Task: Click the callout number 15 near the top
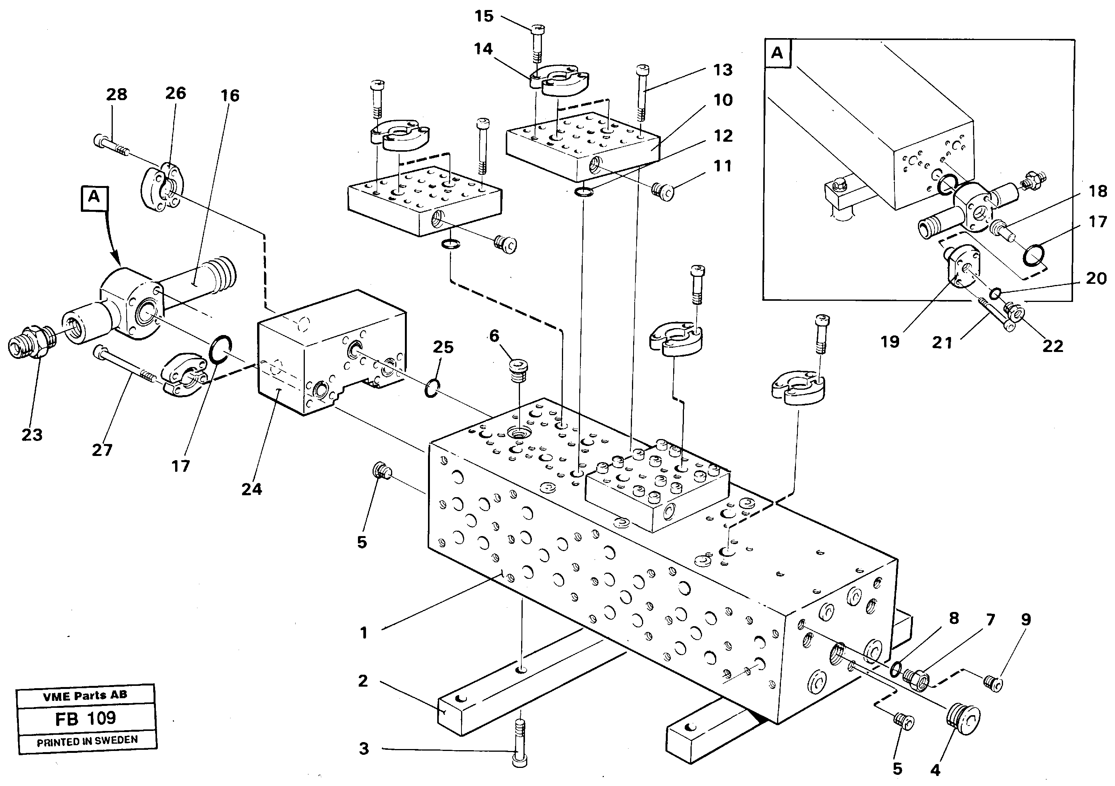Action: click(484, 17)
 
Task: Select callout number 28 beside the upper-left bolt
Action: click(117, 94)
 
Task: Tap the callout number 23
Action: click(32, 435)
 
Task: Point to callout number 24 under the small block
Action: click(252, 489)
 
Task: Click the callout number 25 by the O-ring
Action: click(443, 347)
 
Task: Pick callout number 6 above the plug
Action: click(494, 336)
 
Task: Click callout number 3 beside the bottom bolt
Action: click(364, 749)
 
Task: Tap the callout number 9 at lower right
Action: click(1026, 619)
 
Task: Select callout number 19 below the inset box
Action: click(890, 342)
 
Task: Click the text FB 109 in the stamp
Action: click(86, 718)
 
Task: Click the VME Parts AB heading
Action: click(85, 696)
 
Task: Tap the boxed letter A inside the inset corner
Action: click(777, 53)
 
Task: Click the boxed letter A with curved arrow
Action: click(94, 197)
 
